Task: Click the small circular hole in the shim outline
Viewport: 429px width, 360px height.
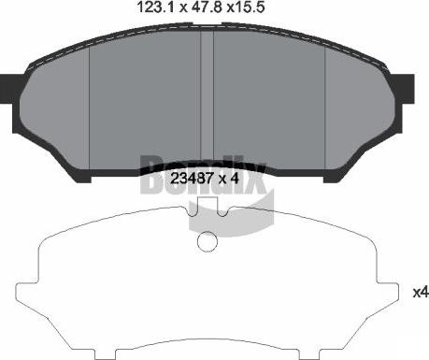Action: pyautogui.click(x=207, y=241)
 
